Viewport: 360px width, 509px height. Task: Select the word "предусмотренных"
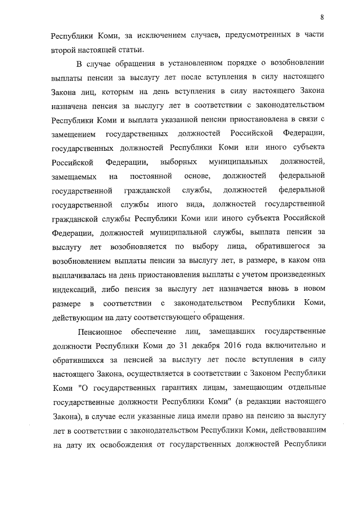pos(247,36)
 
